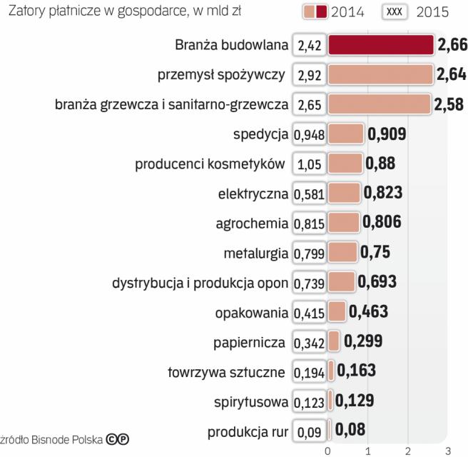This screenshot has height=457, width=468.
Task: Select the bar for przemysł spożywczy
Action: tap(380, 74)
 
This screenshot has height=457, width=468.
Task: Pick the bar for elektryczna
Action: tap(344, 193)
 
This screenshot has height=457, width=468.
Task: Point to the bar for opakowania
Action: tap(337, 312)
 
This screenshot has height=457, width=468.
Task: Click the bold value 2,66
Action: tap(451, 46)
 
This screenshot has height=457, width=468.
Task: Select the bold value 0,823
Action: tap(382, 192)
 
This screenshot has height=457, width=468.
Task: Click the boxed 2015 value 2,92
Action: tap(310, 74)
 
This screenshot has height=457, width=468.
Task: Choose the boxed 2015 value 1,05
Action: tap(310, 164)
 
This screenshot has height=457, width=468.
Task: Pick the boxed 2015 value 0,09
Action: tap(310, 431)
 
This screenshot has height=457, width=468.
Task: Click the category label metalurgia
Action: tap(255, 253)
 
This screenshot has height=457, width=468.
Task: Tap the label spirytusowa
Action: tap(252, 401)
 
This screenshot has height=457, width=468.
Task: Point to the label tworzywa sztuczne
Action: tap(226, 371)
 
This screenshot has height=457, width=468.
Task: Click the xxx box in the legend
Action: tap(395, 11)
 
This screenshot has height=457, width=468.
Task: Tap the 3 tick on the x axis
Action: tap(447, 451)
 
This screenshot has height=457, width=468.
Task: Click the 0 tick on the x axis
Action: tap(327, 451)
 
